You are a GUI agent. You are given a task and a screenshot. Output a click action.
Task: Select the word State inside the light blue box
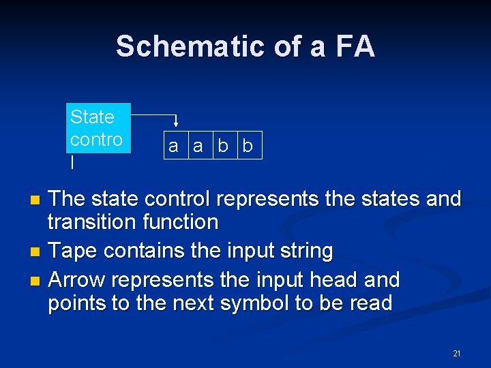click(92, 117)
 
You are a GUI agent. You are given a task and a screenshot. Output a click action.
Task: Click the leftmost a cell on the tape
click(174, 146)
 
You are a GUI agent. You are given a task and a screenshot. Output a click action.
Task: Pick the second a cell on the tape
click(198, 146)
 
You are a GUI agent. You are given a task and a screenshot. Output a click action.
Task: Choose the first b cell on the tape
click(223, 146)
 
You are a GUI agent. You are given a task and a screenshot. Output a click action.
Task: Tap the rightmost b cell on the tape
click(248, 146)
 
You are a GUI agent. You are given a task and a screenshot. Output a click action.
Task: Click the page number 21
click(457, 353)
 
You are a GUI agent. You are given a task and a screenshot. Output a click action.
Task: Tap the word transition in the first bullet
click(85, 222)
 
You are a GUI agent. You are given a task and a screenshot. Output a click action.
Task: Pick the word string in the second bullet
click(306, 251)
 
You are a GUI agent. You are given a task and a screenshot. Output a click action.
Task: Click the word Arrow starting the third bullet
click(77, 279)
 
